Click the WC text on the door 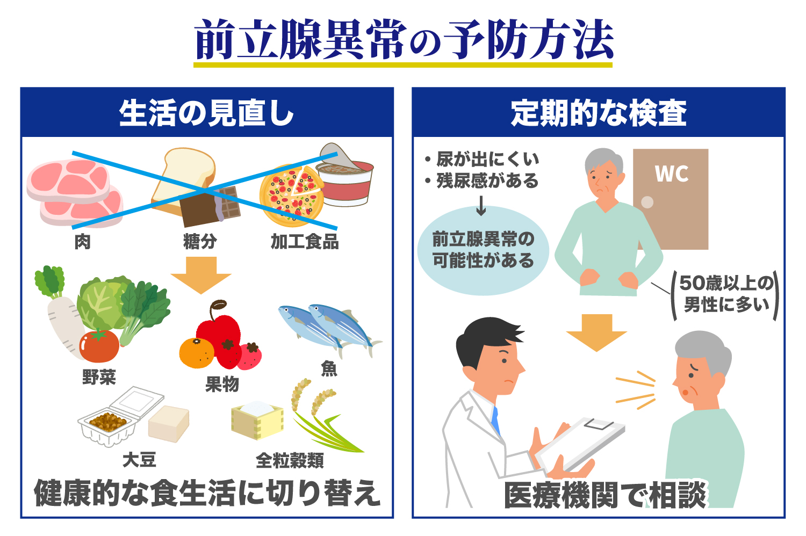(x=671, y=173)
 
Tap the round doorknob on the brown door (x=647, y=202)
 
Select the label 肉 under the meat (x=82, y=242)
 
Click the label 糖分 (x=200, y=242)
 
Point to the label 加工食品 (x=305, y=242)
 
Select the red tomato (x=99, y=346)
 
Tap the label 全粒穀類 (x=290, y=460)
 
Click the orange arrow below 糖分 (x=201, y=274)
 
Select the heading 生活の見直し (x=207, y=113)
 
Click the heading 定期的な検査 (x=599, y=113)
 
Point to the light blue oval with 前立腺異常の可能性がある (x=483, y=250)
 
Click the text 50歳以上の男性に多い (x=726, y=294)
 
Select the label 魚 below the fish (x=329, y=368)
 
